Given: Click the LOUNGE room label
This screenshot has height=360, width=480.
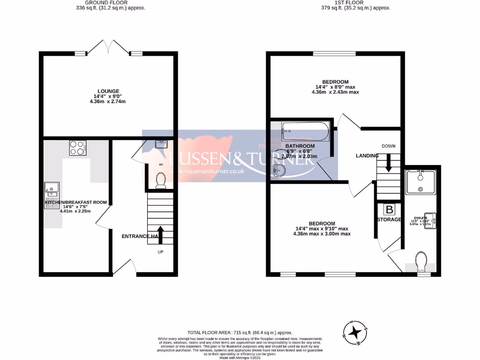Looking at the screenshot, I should pos(108,91).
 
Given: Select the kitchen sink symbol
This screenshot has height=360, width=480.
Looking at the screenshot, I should pos(51,190).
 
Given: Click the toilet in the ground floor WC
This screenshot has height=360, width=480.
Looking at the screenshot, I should pos(161,180).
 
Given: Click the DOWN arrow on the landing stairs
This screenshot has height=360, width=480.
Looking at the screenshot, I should pos(388,163).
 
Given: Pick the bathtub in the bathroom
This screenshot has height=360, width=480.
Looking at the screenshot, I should pos(306,129).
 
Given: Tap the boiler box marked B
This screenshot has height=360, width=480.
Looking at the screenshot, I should pos(389,209).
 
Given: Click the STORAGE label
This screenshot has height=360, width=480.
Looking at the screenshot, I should pos(390,219).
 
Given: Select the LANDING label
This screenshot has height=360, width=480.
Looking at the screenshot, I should pos(367,156).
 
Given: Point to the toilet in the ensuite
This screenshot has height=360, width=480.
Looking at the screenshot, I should pos(421,261).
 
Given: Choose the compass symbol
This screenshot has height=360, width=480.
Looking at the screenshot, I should pos(356,332).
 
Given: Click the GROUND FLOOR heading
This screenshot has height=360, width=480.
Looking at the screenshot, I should pos(108,2).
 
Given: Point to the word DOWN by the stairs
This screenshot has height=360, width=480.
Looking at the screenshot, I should pos(389,146).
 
